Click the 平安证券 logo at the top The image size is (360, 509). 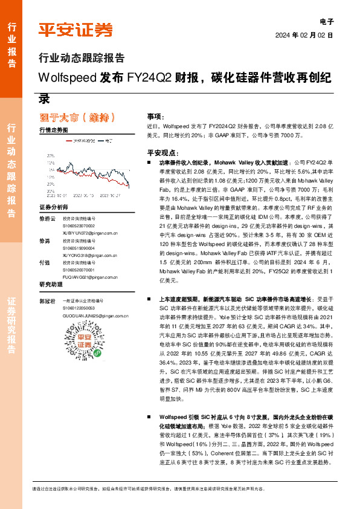76,29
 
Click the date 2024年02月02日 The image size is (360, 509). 304,35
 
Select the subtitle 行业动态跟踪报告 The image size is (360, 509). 81,59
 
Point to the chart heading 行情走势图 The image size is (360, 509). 53,130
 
